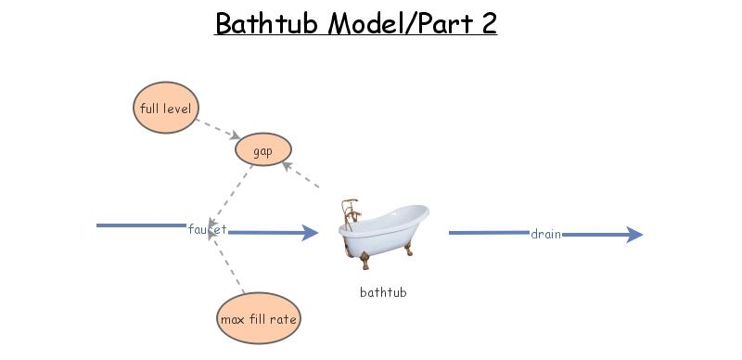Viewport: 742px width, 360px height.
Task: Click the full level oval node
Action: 166,109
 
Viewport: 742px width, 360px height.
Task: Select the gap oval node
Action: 263,150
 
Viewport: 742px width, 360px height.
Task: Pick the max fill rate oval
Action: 259,319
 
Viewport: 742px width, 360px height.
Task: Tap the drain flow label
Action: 545,234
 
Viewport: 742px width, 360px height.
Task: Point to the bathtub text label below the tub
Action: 383,292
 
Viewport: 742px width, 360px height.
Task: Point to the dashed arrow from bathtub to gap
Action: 301,175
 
